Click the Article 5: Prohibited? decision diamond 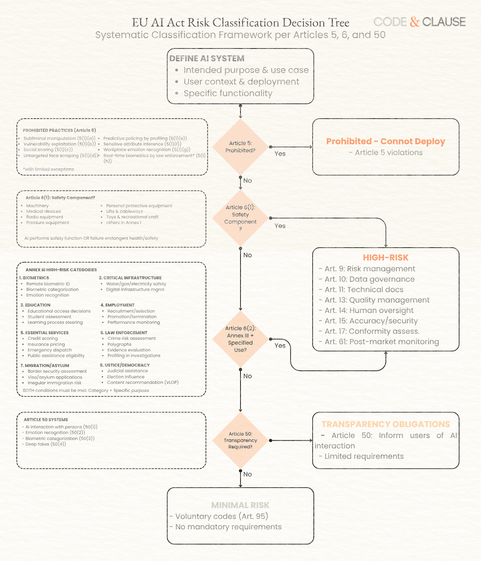coord(240,147)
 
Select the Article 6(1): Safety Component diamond coord(240,218)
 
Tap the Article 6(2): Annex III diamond coord(240,339)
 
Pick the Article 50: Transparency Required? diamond coord(240,440)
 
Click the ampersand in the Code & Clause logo coord(414,22)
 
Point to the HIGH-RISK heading coord(386,258)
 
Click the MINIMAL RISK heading coord(240,505)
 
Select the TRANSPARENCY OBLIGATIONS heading coord(386,424)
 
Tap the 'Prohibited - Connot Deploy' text coord(386,141)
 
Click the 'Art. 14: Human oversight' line coord(369,311)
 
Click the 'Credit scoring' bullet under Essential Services coord(42,339)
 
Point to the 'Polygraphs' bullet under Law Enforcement coord(119,344)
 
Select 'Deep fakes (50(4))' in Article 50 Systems coord(45,444)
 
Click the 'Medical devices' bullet coord(43,211)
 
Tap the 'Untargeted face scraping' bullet coord(60,155)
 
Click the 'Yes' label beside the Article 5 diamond coord(280,154)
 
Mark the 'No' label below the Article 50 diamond coord(248,474)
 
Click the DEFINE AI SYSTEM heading coord(207,59)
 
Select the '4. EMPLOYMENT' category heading coord(117,305)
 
